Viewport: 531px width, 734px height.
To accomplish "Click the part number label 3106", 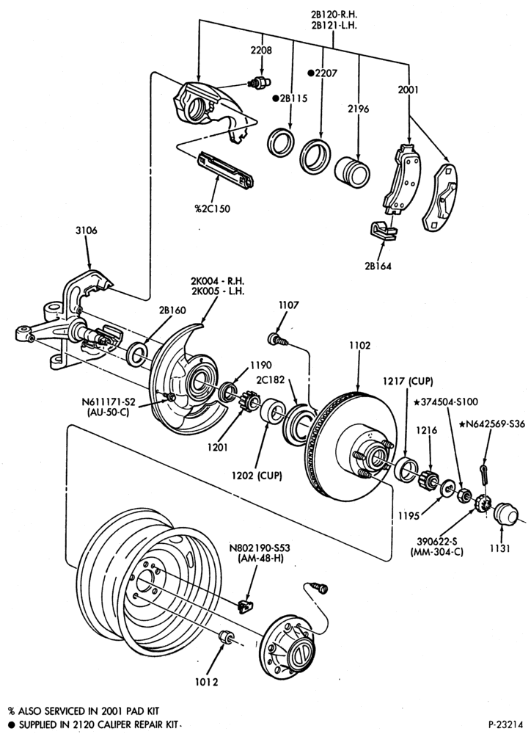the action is (x=86, y=230).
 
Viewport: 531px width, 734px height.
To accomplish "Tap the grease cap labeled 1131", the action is (x=506, y=514).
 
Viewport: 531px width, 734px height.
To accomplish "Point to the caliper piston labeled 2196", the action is (x=352, y=171).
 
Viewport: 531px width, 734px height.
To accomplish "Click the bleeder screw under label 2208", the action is (x=259, y=83).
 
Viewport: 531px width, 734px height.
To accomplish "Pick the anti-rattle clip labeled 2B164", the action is (x=383, y=230).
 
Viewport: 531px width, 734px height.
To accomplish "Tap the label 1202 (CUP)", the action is (x=257, y=476).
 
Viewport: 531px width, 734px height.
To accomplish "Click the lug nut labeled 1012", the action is (x=227, y=636).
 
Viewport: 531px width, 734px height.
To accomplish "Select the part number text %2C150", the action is (x=213, y=208).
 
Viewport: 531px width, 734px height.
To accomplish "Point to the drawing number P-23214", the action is (x=506, y=724).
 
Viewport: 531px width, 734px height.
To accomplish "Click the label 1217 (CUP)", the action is (x=408, y=380).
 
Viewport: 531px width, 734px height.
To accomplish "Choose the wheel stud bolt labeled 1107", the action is (x=277, y=338).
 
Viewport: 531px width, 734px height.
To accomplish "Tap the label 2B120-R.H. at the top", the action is (x=334, y=15).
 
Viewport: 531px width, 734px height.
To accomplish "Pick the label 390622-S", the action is (x=437, y=542).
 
